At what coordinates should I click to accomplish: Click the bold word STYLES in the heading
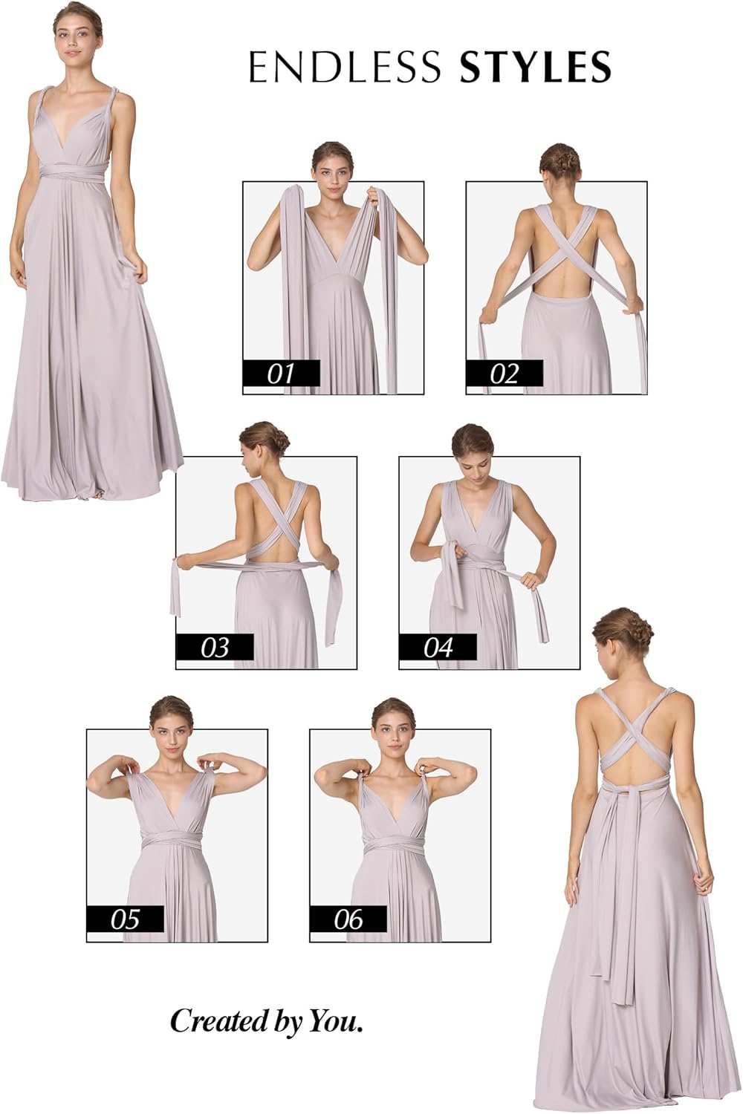(535, 67)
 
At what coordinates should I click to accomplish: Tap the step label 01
(281, 373)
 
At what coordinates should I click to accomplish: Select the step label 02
(504, 373)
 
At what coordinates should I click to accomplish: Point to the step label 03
(215, 648)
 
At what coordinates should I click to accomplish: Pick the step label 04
(438, 648)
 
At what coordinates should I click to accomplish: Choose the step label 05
(125, 919)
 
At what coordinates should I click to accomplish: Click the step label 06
(348, 919)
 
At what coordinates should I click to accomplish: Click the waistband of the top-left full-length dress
(78, 172)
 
